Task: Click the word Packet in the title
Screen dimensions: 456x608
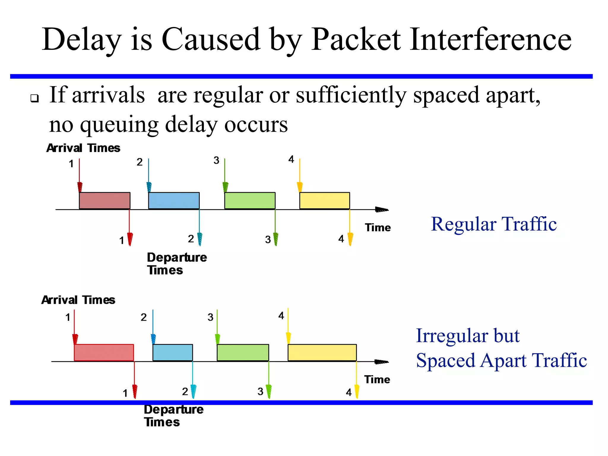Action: pos(356,39)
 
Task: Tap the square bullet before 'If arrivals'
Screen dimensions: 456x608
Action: pos(35,98)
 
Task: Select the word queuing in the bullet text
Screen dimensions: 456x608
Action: pos(119,124)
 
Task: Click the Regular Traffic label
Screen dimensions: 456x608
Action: pos(493,224)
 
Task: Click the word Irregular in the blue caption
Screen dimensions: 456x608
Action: pos(452,336)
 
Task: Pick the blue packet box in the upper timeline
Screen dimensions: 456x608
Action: pos(174,201)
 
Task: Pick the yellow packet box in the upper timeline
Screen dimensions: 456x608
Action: pos(324,201)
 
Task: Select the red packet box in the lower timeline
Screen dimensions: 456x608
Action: pos(104,352)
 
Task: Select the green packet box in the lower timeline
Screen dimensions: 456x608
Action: pos(243,352)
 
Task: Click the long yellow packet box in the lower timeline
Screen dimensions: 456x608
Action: pos(322,352)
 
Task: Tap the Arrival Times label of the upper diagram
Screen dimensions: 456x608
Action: pos(83,148)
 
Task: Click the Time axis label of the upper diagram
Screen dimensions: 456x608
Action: pos(378,228)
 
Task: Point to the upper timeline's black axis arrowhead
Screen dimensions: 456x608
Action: pos(382,210)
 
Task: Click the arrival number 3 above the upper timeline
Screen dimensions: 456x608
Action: pos(216,161)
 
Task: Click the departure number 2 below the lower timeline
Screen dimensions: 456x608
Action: pos(185,392)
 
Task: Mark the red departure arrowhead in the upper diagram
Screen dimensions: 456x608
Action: pos(130,239)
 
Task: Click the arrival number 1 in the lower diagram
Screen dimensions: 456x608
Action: pos(68,317)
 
